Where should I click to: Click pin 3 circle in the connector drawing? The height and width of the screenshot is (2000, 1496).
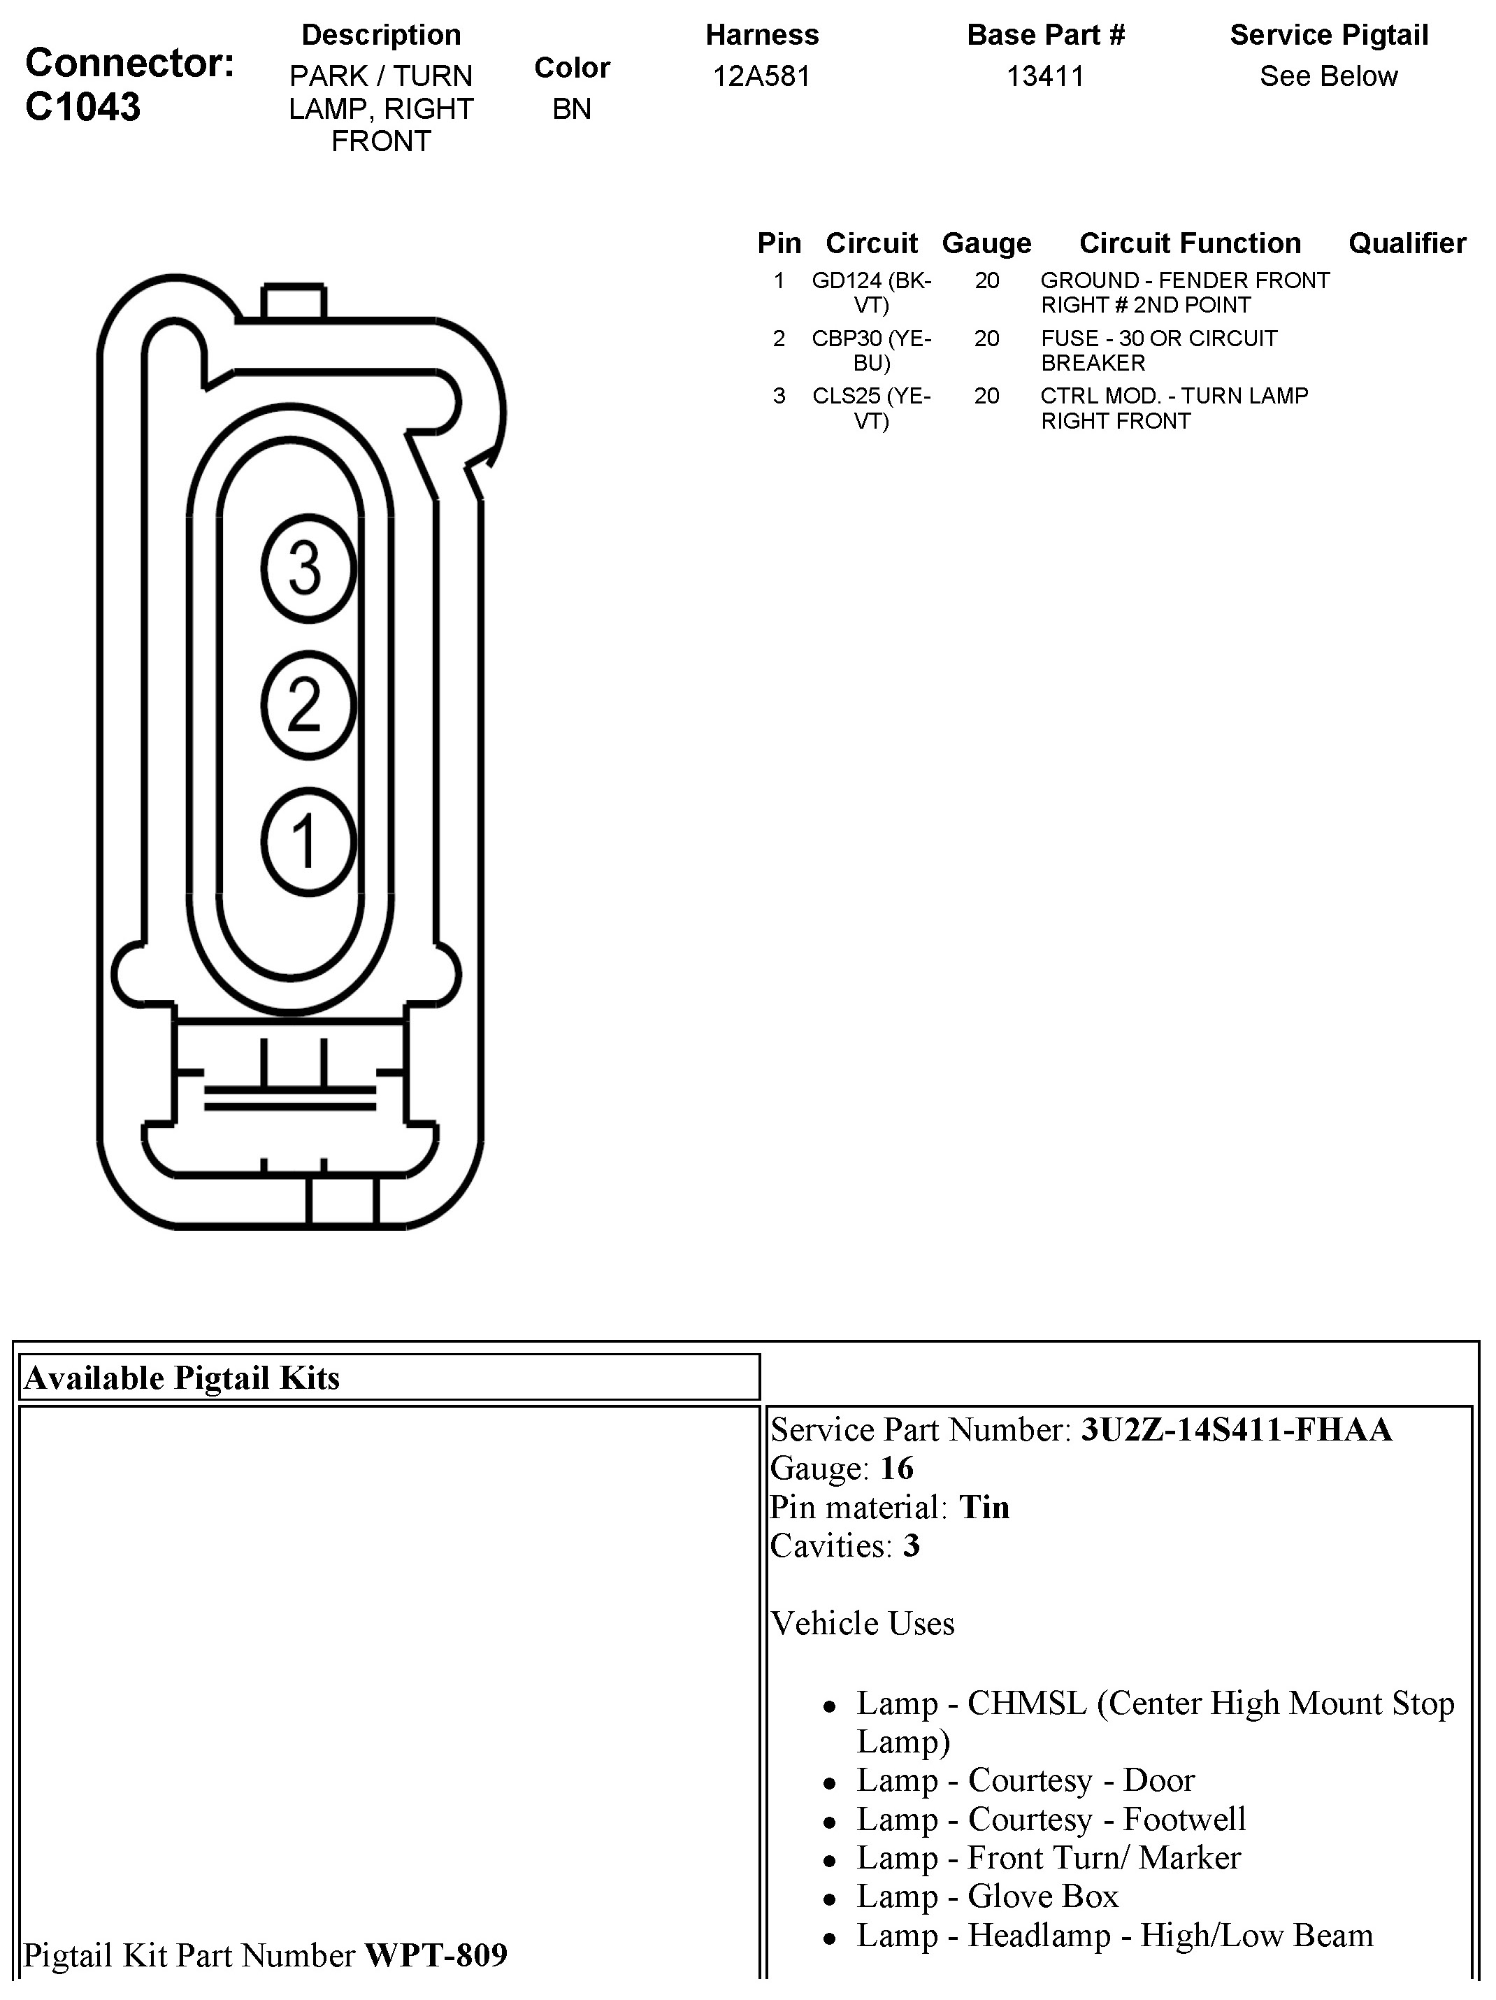(308, 569)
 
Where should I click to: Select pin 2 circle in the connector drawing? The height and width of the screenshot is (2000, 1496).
(308, 705)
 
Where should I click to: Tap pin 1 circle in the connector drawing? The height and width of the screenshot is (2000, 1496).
(308, 842)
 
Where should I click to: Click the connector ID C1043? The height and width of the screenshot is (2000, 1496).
(83, 107)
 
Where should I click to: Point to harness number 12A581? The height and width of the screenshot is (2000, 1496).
(761, 76)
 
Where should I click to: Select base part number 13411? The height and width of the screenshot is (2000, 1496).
(1045, 76)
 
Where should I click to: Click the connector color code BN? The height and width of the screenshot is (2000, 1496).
(571, 108)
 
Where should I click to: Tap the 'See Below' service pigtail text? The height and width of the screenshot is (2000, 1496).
(1328, 76)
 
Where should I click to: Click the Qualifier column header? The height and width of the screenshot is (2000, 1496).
(1407, 243)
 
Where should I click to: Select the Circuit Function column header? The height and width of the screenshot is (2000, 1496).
(1190, 243)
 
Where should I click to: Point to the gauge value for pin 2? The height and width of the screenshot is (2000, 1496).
(986, 338)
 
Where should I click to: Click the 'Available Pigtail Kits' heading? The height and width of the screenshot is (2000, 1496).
(182, 1378)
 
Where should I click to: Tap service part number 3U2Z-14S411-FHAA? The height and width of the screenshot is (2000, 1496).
(1236, 1429)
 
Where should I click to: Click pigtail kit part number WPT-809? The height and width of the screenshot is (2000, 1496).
(436, 1955)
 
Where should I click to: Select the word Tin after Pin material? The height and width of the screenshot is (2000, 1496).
(984, 1507)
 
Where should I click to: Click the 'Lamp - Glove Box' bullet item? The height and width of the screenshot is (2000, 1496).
(987, 1896)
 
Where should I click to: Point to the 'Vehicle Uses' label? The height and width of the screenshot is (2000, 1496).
(863, 1623)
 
